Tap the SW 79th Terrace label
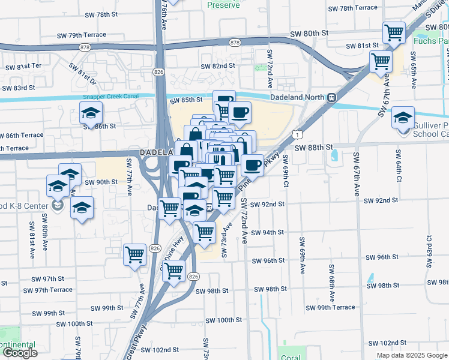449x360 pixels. point(86,35)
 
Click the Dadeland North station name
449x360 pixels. point(297,97)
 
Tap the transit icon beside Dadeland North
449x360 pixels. point(331,97)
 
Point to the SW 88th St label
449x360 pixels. point(313,147)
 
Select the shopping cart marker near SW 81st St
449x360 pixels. point(394,33)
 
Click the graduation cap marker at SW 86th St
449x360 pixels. point(91,112)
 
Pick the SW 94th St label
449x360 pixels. point(267,233)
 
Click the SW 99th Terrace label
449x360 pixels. point(330,308)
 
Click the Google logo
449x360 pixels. point(20,353)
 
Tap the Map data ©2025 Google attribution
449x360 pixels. point(411,355)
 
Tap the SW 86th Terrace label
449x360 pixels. point(22,136)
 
